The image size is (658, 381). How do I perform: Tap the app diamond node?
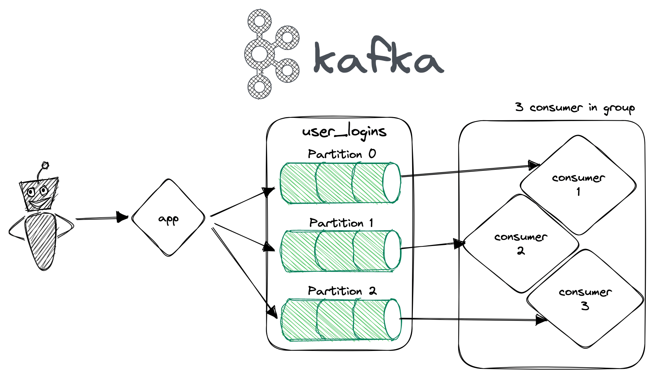[168, 218]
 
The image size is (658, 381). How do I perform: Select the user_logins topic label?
[344, 132]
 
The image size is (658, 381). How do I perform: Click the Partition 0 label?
[342, 154]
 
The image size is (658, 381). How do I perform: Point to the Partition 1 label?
[341, 223]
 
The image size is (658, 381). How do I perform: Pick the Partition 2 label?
[342, 291]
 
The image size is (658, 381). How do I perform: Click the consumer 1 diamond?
[578, 185]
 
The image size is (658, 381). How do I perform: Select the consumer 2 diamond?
[520, 243]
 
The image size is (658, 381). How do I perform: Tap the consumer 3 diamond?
[585, 299]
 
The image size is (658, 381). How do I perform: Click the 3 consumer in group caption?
[574, 107]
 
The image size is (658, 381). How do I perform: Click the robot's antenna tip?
[45, 165]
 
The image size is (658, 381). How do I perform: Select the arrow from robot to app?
[101, 218]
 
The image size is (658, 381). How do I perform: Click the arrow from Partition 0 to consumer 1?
[466, 171]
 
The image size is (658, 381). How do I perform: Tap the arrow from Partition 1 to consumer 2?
[430, 246]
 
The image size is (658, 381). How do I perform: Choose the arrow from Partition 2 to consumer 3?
[469, 319]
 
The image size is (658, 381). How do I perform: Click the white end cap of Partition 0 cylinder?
[391, 183]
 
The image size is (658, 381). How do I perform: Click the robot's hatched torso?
[40, 240]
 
